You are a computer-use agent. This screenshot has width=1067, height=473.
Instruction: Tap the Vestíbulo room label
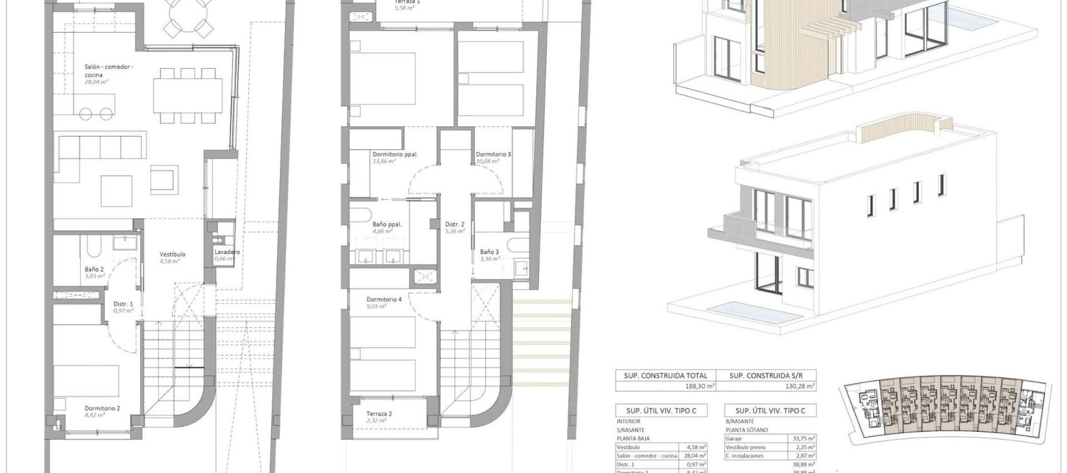172,254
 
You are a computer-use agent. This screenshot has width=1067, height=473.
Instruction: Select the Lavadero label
227,252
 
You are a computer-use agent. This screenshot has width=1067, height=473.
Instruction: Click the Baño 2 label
94,269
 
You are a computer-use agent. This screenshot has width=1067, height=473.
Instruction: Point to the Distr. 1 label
123,304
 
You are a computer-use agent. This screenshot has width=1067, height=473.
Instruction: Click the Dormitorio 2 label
102,408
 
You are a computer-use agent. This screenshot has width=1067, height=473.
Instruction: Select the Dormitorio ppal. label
395,155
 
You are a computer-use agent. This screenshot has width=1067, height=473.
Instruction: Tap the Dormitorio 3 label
493,155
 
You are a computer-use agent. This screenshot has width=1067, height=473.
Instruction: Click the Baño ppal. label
387,225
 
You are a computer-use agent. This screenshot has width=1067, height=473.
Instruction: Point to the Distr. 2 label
454,225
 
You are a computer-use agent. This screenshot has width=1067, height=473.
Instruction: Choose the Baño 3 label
490,252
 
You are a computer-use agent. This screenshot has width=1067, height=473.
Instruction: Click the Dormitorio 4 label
384,299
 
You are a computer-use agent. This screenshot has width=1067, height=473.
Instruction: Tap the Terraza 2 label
379,414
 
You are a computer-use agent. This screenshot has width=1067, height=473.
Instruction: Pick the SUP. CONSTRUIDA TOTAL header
665,376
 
